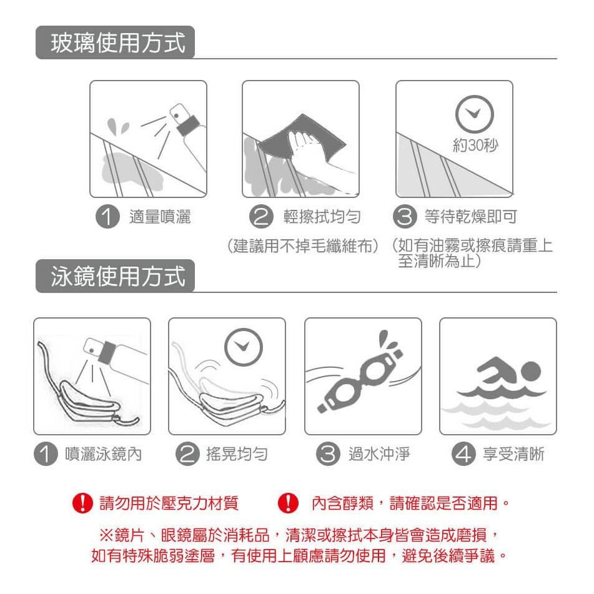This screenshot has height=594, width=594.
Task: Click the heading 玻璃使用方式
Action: point(118,42)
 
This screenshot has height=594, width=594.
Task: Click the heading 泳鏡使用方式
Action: point(118,276)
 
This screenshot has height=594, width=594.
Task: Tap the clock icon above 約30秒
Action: point(474,114)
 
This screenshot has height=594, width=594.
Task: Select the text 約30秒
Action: point(475,145)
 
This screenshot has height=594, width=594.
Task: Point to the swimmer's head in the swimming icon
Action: point(530,371)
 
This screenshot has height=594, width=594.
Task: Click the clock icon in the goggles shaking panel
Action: point(244,347)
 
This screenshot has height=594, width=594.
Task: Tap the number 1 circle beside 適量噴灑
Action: point(107,216)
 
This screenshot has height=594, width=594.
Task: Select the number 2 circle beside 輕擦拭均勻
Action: point(261,216)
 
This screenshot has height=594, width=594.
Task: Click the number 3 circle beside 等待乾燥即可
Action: point(405,216)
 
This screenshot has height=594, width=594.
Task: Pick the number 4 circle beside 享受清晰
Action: point(463,453)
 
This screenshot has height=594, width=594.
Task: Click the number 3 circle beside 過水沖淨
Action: point(328,453)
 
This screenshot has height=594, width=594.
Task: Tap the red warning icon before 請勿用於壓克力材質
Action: point(82,503)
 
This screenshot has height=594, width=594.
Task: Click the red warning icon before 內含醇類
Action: point(289,503)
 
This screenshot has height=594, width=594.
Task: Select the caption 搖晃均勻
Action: point(237,454)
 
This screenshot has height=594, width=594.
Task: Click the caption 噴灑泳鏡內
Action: point(104,454)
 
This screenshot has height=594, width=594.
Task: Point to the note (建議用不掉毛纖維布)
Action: point(303,246)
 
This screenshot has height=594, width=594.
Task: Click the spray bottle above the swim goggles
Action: point(114,353)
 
